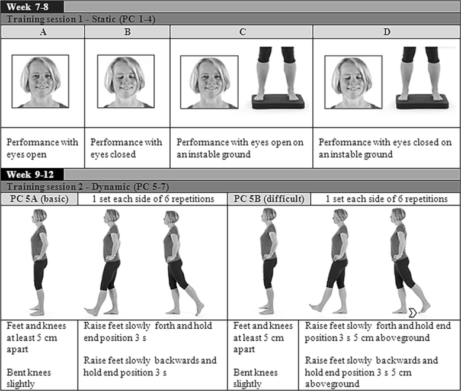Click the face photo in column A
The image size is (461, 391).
tap(43, 82)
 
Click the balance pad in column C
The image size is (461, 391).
tap(278, 101)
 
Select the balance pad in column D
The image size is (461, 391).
tap(422, 101)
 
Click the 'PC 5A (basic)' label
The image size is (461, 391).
tap(39, 198)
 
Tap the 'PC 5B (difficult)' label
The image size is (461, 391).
tap(267, 198)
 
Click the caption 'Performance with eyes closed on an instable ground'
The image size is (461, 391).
tap(385, 148)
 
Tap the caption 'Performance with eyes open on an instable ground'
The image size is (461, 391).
tap(240, 148)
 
